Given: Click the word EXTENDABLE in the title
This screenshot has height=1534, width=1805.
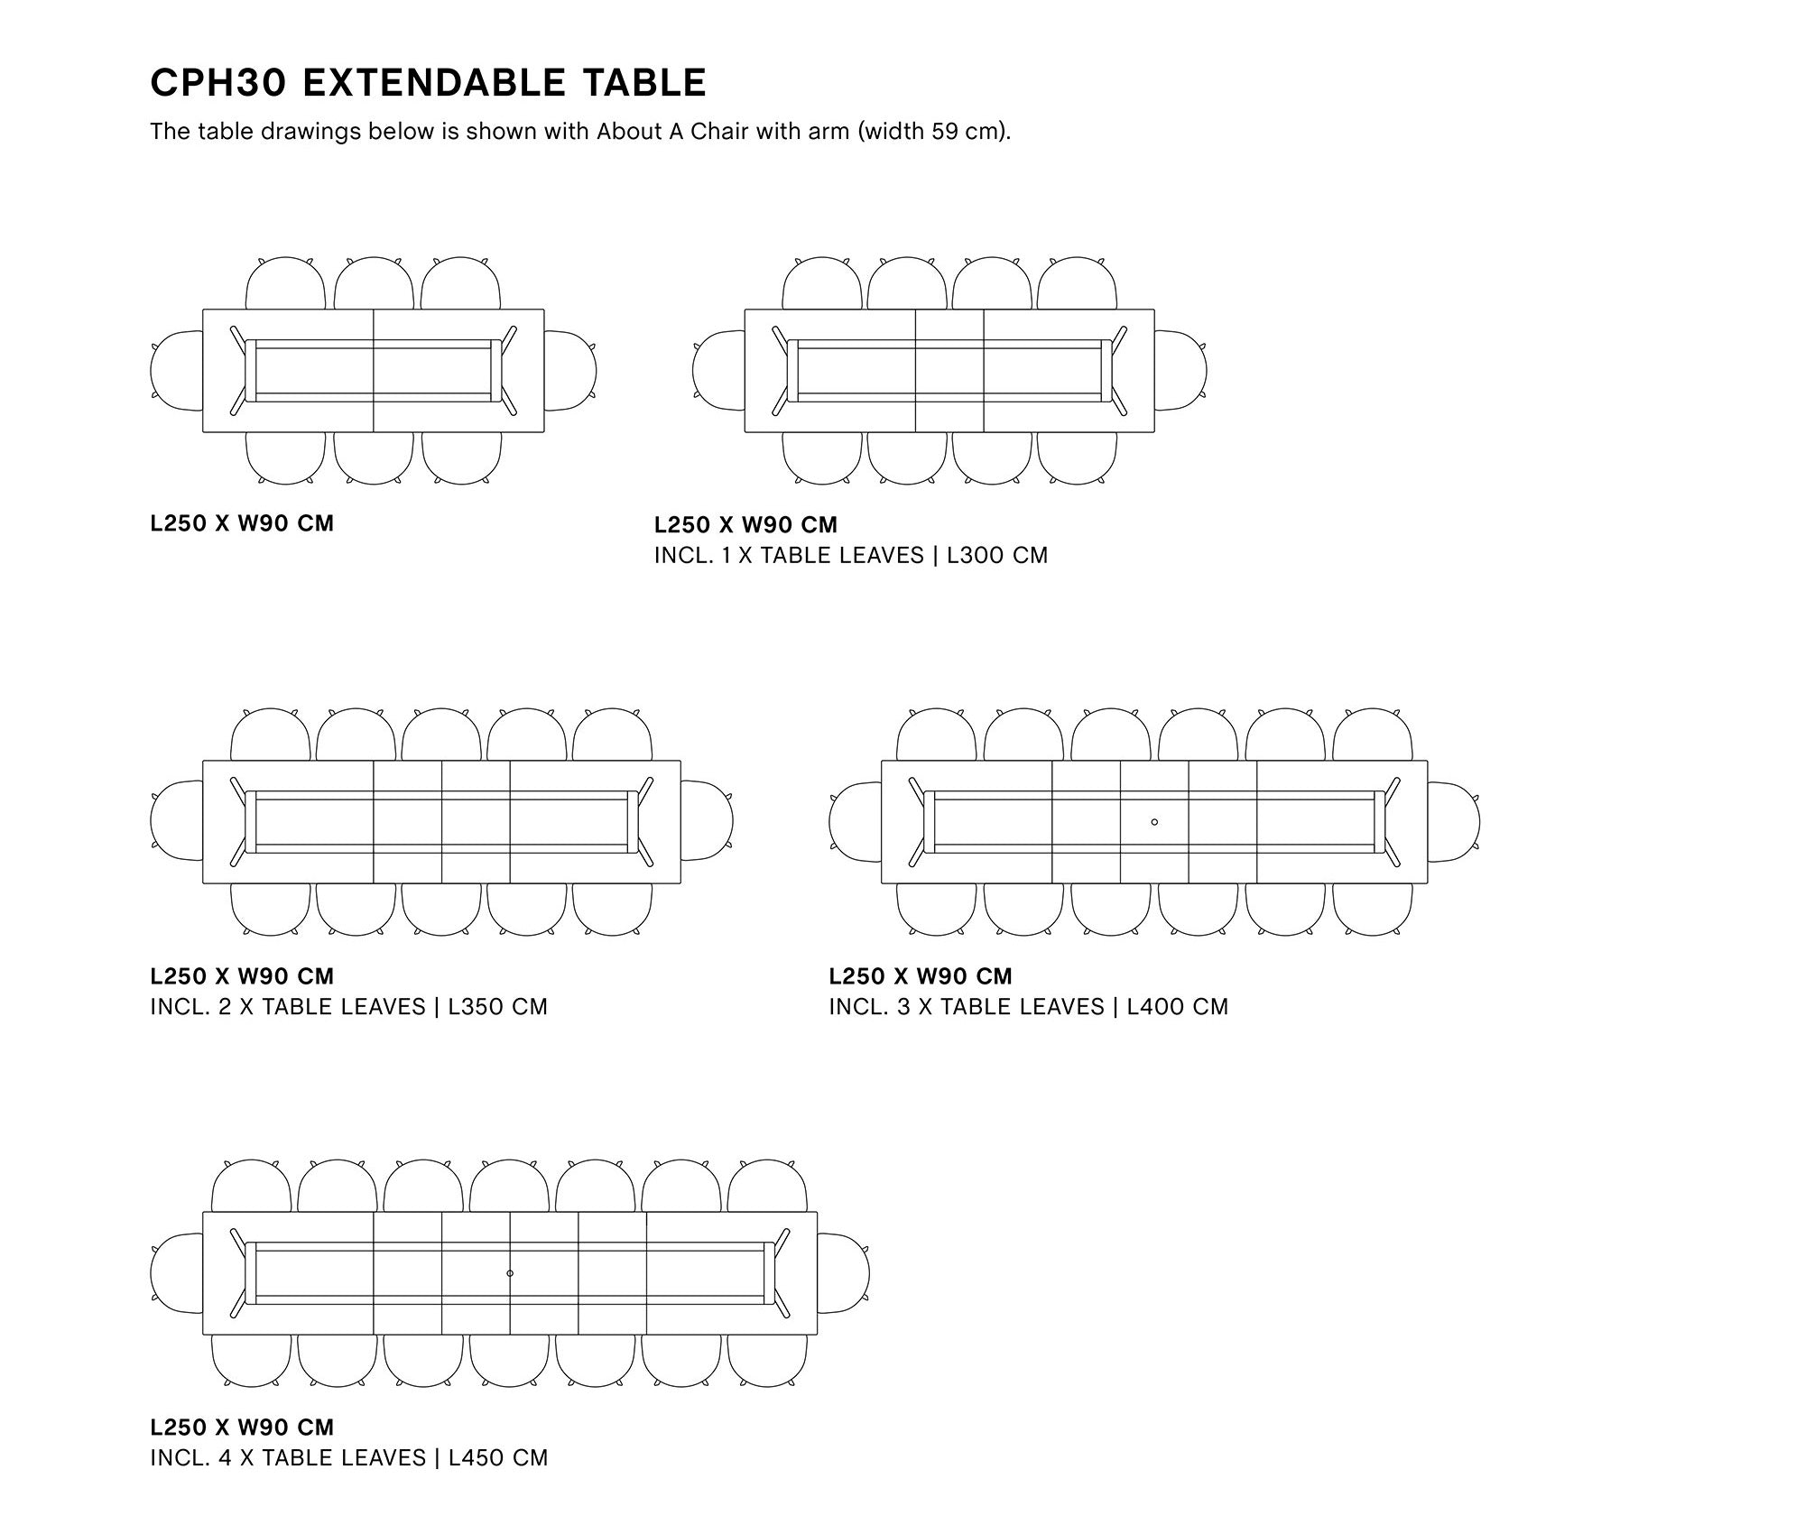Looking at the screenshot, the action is coord(433,83).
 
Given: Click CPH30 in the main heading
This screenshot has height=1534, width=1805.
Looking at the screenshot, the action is coord(218,83).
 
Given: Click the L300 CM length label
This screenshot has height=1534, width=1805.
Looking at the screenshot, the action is coord(997,555).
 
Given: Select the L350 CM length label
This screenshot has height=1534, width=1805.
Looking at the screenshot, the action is coord(498,1006).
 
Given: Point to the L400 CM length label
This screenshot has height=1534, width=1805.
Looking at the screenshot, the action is coord(1178,1006).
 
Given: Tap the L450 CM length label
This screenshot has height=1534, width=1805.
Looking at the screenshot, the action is coord(498,1457).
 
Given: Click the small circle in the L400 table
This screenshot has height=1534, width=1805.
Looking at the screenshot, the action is coord(1155,822).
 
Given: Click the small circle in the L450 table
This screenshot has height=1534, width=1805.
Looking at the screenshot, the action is coord(510,1273).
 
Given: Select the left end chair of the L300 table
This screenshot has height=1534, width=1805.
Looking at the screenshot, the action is coord(717,370).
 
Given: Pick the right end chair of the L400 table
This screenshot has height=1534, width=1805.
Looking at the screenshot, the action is coord(1454,821).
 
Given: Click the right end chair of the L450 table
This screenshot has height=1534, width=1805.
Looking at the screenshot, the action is coord(844,1272).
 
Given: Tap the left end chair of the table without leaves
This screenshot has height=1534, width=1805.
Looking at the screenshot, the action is coord(176,370).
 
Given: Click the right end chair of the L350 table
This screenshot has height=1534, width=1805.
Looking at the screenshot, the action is coord(707,821).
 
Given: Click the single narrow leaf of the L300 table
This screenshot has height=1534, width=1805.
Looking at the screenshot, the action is coord(949,371).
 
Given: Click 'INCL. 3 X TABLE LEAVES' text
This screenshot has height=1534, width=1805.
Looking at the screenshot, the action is coord(967,1006).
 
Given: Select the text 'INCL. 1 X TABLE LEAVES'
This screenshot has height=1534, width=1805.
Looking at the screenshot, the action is coord(789,555).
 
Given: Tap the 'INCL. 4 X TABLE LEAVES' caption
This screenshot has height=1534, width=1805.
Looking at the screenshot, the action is coord(288,1457).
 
